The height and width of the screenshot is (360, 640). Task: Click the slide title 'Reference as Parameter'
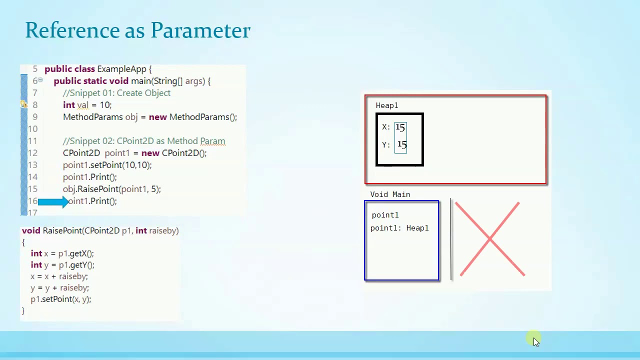(x=137, y=30)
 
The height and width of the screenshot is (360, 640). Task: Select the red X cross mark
(x=489, y=239)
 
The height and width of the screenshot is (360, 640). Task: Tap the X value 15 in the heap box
(x=400, y=127)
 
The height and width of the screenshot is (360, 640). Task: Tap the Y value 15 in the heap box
(x=401, y=145)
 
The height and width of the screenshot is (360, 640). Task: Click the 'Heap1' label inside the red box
(x=387, y=105)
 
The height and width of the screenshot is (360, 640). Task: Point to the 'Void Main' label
(x=390, y=194)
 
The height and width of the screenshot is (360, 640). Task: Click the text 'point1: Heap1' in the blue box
(x=399, y=228)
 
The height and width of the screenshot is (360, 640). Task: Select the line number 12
(x=32, y=153)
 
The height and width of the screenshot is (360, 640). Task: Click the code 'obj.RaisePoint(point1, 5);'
(x=112, y=189)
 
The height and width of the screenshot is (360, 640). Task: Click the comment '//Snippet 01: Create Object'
(x=116, y=93)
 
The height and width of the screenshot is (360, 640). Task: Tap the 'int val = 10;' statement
(x=87, y=105)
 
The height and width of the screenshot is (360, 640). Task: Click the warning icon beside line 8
(x=23, y=104)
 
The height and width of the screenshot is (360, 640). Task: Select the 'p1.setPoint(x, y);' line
(x=60, y=299)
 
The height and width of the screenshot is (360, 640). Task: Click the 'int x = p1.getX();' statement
(x=62, y=253)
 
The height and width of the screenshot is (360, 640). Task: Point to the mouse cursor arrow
(x=535, y=341)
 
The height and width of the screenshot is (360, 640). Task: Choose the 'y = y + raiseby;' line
(x=59, y=287)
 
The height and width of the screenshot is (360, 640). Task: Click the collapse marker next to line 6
(x=40, y=80)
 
